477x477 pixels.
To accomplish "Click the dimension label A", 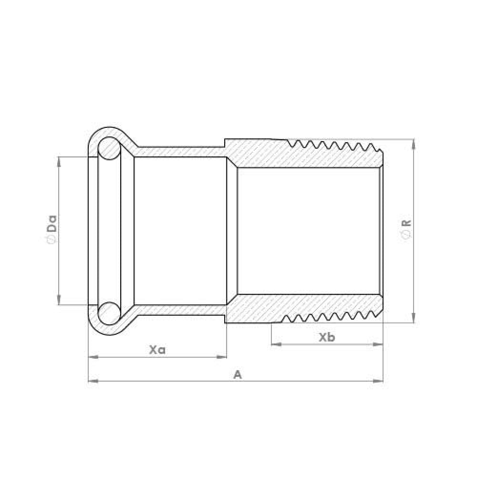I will tap(238, 375).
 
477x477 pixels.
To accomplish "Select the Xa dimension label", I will tap(157, 350).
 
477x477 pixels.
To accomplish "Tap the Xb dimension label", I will tap(327, 337).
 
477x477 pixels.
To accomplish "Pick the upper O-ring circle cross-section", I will tap(109, 148).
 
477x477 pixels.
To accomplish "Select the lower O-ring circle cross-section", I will tap(109, 313).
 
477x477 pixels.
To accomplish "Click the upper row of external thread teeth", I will tap(334, 144).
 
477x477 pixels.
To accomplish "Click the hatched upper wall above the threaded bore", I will tap(305, 157).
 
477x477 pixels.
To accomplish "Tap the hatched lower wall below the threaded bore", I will tap(305, 304).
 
